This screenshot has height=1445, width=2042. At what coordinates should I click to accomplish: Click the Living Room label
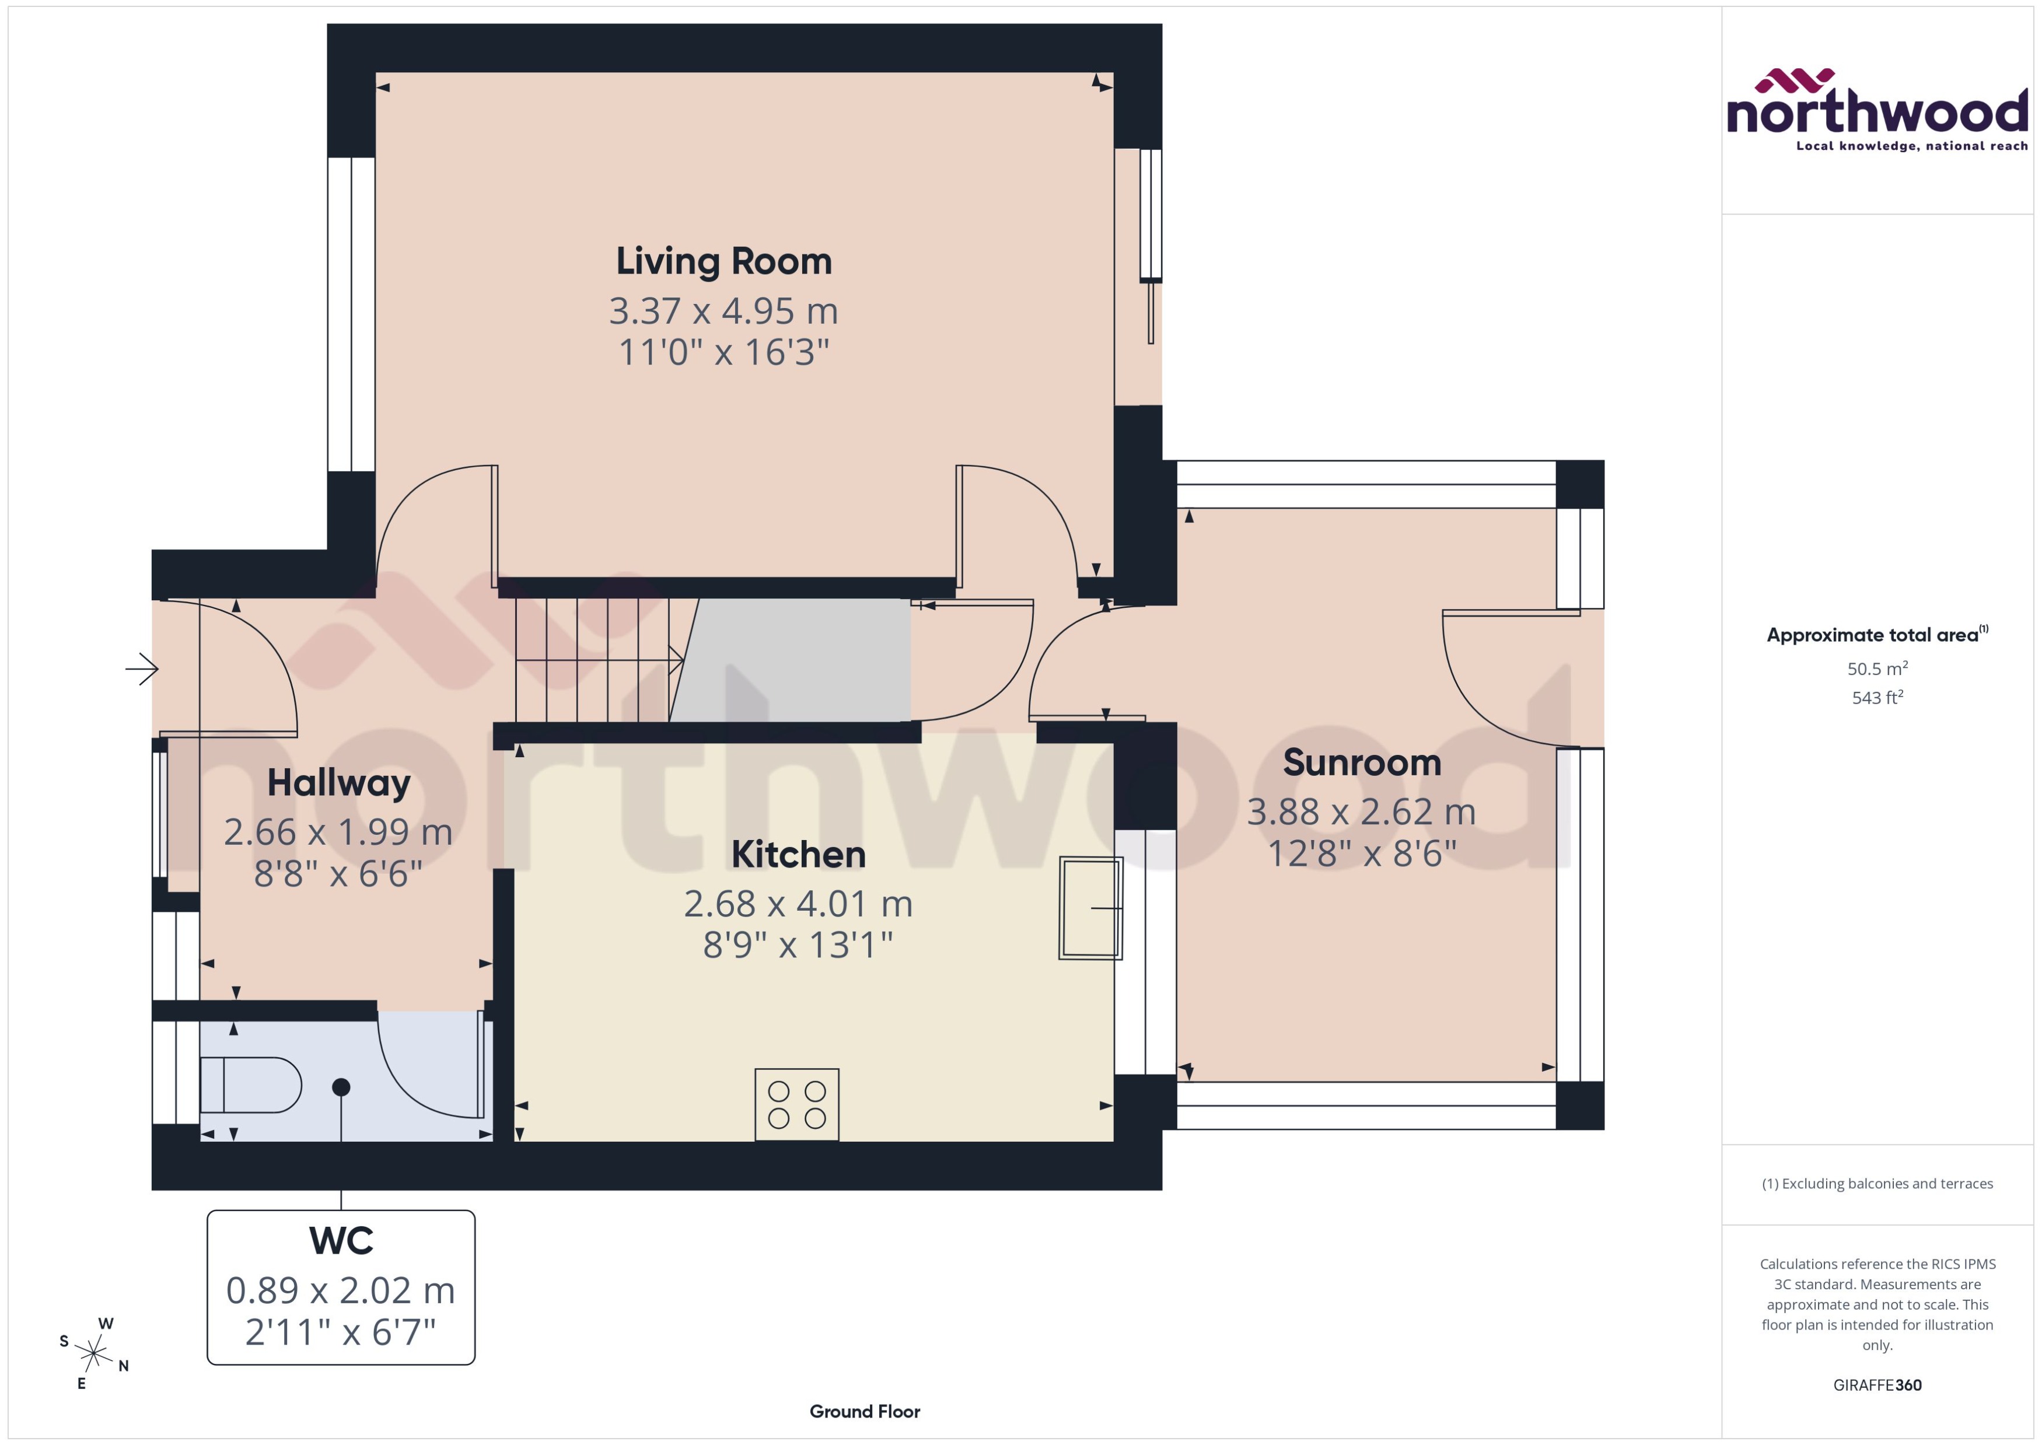723,261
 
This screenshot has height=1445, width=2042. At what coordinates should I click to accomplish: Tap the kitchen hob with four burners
796,1104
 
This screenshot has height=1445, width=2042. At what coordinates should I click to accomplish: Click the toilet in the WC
250,1084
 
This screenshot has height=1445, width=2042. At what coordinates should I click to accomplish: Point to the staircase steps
592,659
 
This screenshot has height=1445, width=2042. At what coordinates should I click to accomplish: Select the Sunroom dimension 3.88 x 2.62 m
1361,811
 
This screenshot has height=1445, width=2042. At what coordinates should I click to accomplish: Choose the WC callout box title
341,1240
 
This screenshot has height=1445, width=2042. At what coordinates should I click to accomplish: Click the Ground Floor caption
864,1411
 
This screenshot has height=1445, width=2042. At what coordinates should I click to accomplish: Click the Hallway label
339,783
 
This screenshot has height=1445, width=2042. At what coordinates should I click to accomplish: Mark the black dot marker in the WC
341,1086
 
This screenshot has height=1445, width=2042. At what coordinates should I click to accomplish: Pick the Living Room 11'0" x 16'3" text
723,352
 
